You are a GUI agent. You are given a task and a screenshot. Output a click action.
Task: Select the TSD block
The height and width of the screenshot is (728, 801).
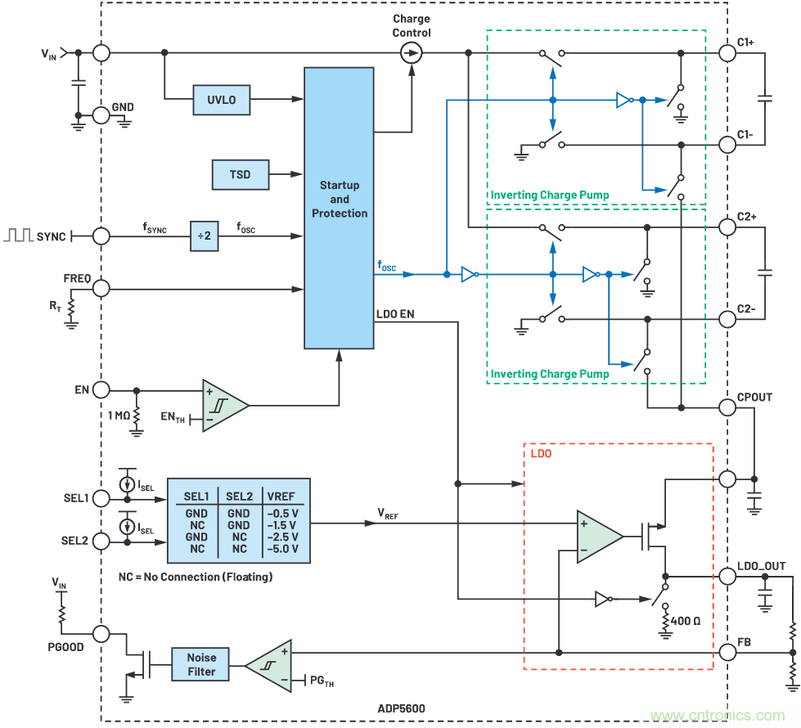coord(240,173)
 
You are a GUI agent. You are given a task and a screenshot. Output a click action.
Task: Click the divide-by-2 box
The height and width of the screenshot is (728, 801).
coord(205,236)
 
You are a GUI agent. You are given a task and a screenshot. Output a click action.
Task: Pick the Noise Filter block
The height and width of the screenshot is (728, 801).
coord(201,664)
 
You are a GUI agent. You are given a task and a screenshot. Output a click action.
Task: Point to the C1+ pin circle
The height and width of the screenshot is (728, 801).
coord(727,53)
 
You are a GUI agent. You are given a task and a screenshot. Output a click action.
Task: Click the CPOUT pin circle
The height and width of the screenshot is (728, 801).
coord(727,407)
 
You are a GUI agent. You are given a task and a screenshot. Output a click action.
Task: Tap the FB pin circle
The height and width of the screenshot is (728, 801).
coord(727,652)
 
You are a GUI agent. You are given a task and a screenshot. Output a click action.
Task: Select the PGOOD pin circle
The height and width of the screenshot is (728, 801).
coord(101,633)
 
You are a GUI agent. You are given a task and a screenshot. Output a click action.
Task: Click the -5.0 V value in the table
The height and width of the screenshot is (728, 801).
coord(283,549)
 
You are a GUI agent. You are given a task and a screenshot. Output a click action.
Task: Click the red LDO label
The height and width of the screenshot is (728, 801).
coord(542,452)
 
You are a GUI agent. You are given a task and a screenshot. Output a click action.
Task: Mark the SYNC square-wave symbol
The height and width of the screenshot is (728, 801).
coord(19,236)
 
